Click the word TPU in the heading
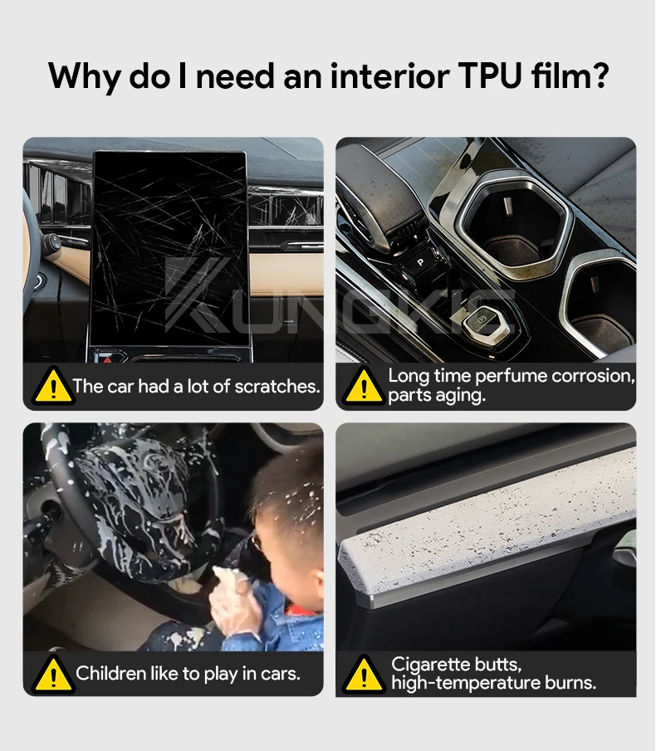click(490, 76)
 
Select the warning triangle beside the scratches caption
click(53, 386)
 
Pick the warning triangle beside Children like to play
click(53, 675)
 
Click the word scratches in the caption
click(277, 386)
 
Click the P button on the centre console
click(420, 262)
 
